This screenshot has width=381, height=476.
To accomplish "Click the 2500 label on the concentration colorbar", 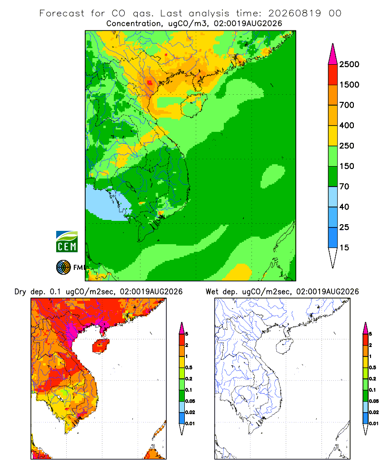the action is point(349,64).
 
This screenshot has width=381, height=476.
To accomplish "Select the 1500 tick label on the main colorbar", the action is point(349,85).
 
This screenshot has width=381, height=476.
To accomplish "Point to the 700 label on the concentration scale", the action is point(347,105).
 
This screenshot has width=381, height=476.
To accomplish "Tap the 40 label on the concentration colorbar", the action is point(344,207).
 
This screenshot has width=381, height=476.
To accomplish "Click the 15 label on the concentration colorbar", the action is point(344,248).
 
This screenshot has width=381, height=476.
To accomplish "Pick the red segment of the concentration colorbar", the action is point(333,74).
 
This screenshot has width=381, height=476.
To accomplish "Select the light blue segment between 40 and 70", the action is point(333,197).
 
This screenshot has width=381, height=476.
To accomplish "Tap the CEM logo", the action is point(67,242).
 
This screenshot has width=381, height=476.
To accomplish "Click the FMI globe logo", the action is point(63,268).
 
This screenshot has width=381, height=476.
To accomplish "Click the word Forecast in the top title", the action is point(62,13).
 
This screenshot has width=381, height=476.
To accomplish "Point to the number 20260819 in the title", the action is point(294,13).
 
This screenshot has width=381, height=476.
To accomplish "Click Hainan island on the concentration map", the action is point(193,105).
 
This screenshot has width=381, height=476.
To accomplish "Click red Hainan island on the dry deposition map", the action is point(100,346).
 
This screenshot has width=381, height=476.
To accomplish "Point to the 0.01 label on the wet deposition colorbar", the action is point(374,424).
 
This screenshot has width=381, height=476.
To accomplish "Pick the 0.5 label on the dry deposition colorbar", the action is point(189,367).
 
